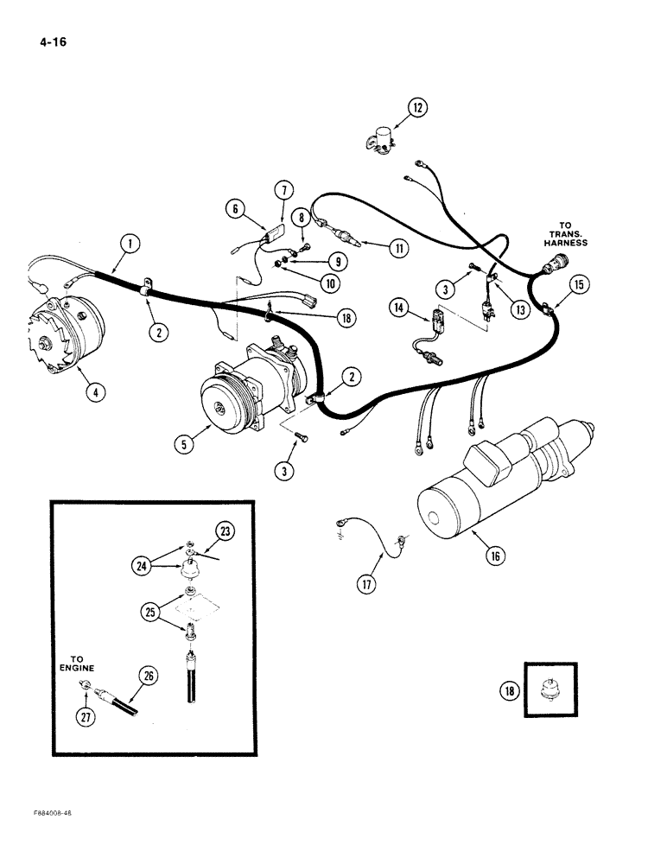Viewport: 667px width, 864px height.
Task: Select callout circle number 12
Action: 417,108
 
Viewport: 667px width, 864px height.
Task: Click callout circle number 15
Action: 578,283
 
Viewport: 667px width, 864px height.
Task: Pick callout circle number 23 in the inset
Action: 225,532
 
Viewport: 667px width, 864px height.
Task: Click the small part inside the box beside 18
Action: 547,691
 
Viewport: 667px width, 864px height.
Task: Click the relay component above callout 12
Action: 379,138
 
